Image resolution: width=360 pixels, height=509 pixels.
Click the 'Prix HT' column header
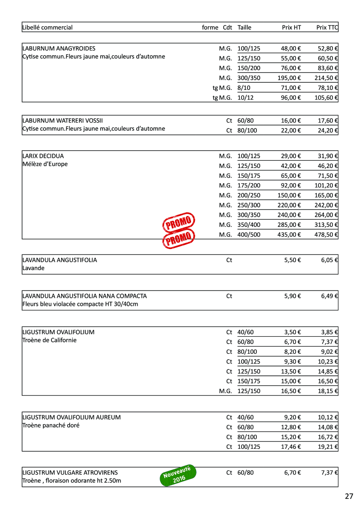pos(291,28)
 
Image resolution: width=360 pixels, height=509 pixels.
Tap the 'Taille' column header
pos(245,28)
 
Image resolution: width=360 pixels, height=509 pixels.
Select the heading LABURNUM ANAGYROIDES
pos(59,48)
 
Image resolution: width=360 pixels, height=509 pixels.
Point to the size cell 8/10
pos(244,88)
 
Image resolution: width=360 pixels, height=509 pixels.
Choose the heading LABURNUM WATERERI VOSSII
pos(62,120)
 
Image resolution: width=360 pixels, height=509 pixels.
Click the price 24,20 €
pos(328,131)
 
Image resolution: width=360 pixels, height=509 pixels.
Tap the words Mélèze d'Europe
pos(45,164)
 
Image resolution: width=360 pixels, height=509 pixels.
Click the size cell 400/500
pos(249,235)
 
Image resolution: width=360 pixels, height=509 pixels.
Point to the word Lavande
pos(33,268)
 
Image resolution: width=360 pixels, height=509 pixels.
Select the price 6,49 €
pos(329,296)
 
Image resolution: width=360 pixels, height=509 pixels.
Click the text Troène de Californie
pos(49,340)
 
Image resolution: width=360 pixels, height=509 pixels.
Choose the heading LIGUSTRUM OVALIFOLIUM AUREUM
pos(71,417)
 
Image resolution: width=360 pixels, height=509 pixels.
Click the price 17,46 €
pos(291,447)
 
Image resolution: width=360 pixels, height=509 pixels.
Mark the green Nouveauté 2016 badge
pos(178,475)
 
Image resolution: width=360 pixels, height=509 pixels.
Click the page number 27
pos(349,496)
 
